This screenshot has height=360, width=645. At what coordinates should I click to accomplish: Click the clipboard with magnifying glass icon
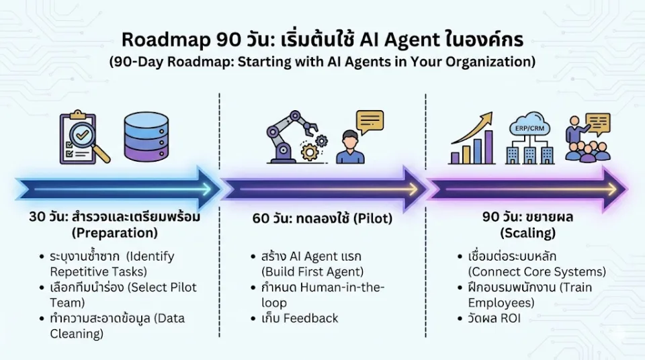85,137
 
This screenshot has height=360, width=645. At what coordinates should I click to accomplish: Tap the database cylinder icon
146,136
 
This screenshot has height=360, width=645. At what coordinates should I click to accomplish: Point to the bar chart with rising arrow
472,138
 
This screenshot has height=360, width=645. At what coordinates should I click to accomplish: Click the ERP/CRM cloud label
529,128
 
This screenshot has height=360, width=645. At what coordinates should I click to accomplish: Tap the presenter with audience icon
588,137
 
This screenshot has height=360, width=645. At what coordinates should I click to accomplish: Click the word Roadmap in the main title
166,40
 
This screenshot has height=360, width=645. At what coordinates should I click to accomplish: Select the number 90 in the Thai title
228,40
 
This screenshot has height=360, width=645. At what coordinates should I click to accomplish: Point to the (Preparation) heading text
115,233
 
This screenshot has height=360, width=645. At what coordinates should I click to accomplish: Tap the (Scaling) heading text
528,233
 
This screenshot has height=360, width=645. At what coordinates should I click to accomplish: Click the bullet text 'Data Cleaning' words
117,326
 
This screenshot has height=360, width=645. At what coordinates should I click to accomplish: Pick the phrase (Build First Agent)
312,271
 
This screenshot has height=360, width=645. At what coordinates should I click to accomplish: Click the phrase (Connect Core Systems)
537,271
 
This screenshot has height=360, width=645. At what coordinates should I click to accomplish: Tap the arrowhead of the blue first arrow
208,189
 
